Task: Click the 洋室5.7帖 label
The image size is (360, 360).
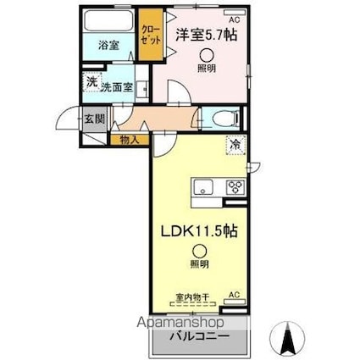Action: [x=207, y=36]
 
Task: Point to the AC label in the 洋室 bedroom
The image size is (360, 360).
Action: [x=234, y=17]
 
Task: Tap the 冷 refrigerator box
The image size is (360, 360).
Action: [x=234, y=144]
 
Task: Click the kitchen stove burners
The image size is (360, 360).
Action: [x=235, y=188]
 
